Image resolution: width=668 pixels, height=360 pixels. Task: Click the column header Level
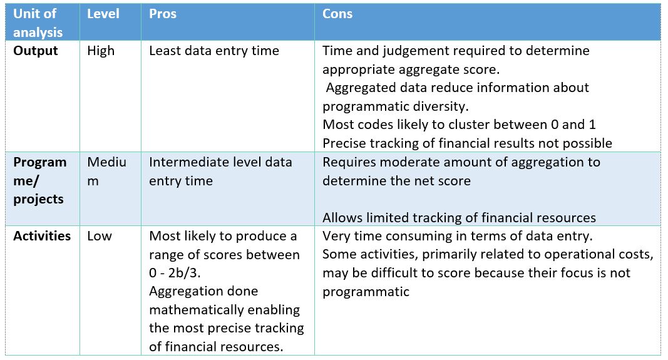(x=103, y=14)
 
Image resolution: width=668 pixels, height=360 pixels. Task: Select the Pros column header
(x=162, y=14)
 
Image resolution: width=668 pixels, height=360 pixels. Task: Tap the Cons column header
(x=337, y=14)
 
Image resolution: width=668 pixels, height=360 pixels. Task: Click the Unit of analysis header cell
(x=38, y=23)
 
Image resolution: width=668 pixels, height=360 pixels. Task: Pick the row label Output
(x=36, y=51)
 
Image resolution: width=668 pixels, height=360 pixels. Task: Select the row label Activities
(x=42, y=236)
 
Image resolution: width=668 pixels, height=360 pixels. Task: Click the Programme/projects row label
(x=39, y=180)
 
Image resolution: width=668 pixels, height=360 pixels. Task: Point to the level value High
(x=101, y=51)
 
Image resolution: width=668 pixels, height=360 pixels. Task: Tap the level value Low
(x=99, y=236)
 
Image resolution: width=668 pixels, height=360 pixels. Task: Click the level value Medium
(x=106, y=171)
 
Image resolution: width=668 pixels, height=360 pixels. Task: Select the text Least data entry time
(x=214, y=51)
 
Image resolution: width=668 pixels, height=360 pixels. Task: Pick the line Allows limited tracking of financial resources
(x=459, y=217)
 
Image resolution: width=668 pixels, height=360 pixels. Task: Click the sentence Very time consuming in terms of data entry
(x=456, y=236)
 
